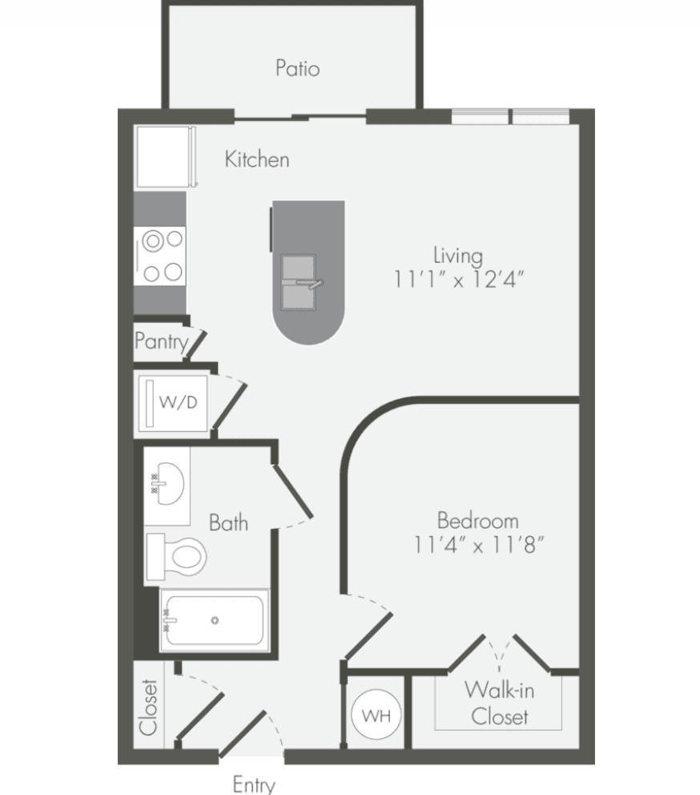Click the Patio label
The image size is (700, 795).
point(297,68)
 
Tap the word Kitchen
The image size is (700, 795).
point(257,159)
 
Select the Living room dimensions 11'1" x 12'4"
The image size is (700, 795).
point(459,279)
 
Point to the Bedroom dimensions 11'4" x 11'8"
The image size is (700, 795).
point(479,545)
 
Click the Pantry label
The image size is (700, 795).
point(161,341)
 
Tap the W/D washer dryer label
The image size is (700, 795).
point(178,402)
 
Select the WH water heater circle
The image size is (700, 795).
point(376,714)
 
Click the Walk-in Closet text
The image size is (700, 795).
point(499,703)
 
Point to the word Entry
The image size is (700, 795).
point(254,785)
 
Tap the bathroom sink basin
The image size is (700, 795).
point(168,483)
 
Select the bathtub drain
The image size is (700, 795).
point(215,620)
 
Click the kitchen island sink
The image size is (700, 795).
point(299,282)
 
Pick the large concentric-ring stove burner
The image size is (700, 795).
point(152,241)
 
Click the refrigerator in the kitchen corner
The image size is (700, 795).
point(165,156)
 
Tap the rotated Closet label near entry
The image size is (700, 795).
point(148,708)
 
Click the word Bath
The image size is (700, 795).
point(228,523)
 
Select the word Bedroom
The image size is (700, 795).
point(478,521)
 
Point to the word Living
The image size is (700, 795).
point(457,256)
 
